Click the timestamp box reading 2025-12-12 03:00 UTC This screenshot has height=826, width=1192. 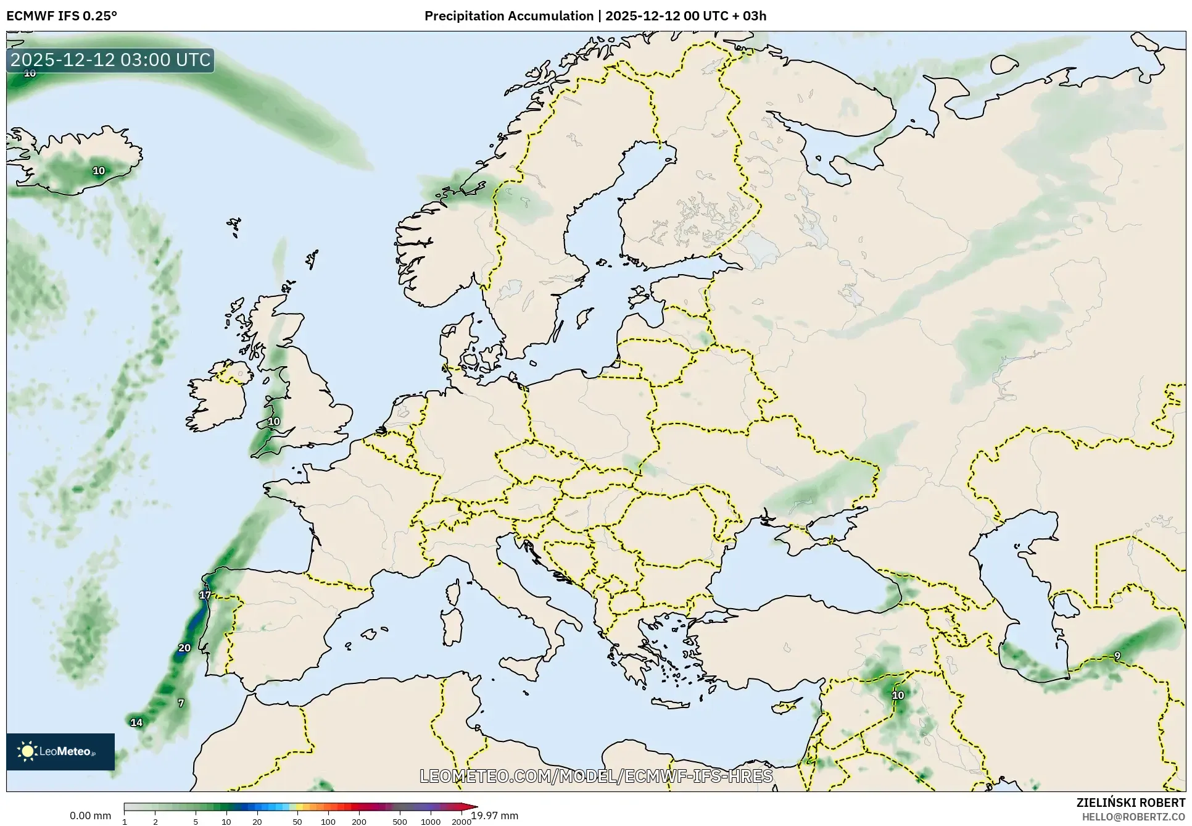110,60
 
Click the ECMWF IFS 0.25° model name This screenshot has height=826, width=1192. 62,16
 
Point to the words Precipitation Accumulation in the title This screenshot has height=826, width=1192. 508,16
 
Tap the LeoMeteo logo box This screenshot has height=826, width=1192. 60,751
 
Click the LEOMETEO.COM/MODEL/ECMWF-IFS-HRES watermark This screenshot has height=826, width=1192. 596,776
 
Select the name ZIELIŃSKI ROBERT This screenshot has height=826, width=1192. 1130,803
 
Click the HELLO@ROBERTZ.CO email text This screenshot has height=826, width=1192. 1133,817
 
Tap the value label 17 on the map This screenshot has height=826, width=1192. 205,595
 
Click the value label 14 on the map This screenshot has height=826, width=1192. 136,722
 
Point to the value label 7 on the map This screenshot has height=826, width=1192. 181,703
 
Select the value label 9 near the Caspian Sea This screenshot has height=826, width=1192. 1117,656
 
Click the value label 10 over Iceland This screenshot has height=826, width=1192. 99,170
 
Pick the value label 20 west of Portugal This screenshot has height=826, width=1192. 184,648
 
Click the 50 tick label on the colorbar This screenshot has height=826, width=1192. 297,821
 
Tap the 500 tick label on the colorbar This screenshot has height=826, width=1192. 400,821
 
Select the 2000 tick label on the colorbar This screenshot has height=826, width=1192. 461,821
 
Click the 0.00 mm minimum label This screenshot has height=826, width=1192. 90,816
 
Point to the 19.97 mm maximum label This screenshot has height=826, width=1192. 495,816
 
